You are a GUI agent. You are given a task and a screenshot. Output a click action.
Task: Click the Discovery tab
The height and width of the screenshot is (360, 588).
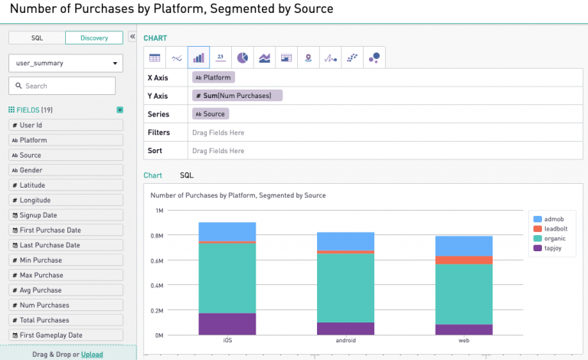coord(93,38)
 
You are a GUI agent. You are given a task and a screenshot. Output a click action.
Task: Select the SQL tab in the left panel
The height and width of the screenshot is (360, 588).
coord(37,38)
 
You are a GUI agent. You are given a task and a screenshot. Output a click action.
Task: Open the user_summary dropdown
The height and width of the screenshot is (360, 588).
coord(65,63)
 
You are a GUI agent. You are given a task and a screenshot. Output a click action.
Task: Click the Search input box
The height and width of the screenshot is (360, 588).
coord(62,86)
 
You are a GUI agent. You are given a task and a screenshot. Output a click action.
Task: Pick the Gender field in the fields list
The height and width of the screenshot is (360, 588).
coord(65,170)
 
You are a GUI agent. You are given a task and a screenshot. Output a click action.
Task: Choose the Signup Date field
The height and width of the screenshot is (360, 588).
coord(65,215)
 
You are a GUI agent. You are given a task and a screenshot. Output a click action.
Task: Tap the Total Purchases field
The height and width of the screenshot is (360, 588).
coord(65,320)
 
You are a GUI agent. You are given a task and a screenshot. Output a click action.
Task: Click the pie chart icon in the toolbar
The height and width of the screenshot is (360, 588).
coord(242,57)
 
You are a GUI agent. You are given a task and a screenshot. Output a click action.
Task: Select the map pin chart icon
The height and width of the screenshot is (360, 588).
coord(308,57)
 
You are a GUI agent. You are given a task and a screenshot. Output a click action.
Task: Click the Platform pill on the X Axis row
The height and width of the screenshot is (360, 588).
coord(213,77)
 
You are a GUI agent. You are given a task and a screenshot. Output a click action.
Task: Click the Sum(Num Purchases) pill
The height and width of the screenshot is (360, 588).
coord(237,96)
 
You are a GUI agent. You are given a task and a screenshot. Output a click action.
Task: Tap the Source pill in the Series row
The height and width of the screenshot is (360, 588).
coord(211,114)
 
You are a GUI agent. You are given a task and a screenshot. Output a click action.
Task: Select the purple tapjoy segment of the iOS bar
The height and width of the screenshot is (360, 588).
coord(227,324)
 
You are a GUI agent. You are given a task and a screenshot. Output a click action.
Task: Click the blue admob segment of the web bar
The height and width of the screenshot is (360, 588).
coord(464,245)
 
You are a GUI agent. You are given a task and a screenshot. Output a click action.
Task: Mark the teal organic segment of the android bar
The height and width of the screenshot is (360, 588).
coord(345,287)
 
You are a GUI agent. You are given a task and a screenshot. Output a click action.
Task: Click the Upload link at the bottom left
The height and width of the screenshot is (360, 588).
coord(92,355)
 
